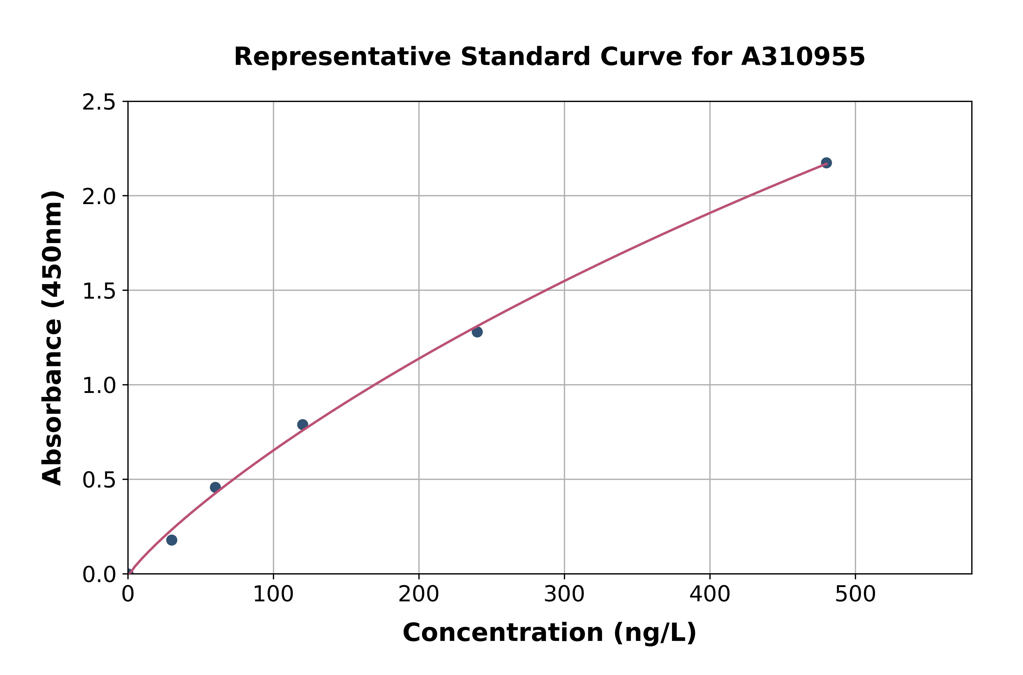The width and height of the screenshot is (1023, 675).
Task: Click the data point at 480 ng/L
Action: pos(826,163)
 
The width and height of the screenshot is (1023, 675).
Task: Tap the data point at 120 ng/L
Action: pos(303,425)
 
